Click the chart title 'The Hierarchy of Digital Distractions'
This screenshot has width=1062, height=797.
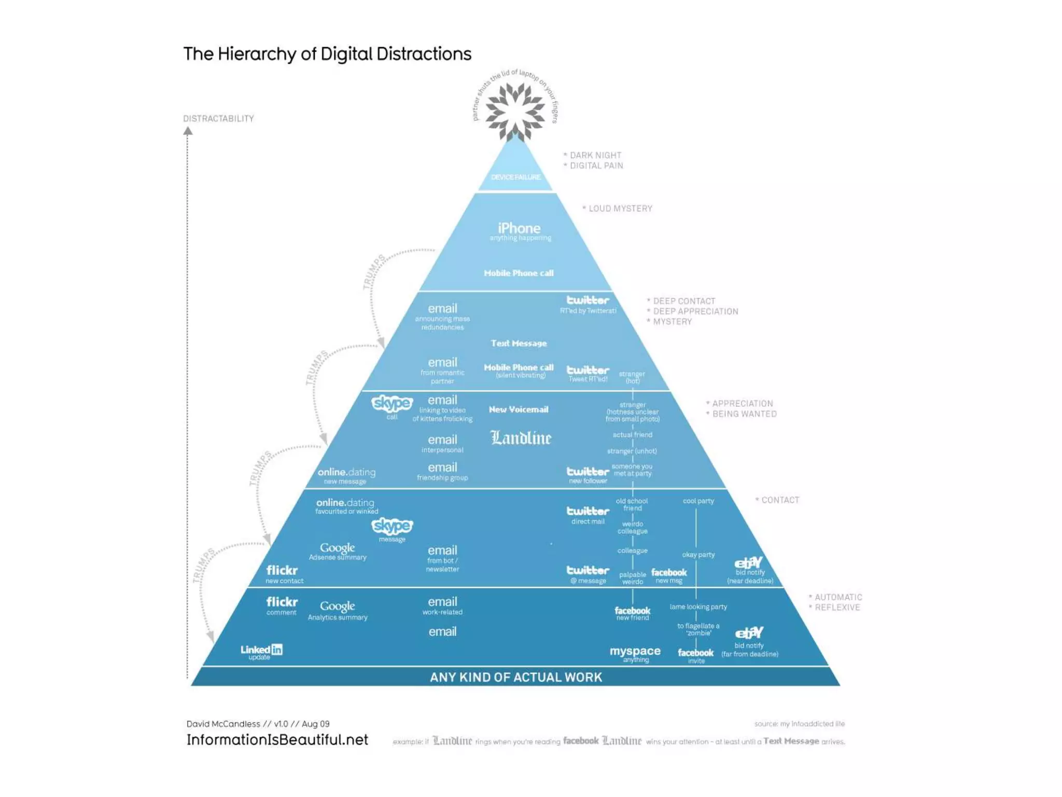pos(327,54)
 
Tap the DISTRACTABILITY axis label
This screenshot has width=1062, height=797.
pos(218,119)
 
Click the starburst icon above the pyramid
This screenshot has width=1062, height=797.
pos(515,111)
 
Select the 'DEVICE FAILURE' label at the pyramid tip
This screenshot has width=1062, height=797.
pos(515,177)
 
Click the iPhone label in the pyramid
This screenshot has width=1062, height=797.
pos(519,228)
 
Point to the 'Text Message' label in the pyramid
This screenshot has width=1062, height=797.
pos(519,343)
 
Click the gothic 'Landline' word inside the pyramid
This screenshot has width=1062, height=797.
pos(521,438)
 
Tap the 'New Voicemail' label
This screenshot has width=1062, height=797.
pos(519,409)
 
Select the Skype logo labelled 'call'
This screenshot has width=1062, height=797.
pos(392,403)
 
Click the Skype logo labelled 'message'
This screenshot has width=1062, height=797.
pos(392,526)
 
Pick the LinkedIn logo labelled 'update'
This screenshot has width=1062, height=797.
pos(261,650)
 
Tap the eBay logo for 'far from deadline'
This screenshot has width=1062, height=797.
pos(749,633)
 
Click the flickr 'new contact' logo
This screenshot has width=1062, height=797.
pos(282,570)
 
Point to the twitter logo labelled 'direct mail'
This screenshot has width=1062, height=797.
pos(588,511)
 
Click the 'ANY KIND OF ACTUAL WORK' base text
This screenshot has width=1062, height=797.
pos(516,677)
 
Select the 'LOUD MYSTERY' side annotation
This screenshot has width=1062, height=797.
pos(620,209)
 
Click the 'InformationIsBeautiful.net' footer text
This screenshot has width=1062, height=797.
pos(277,740)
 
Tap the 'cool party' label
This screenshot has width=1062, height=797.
pos(698,501)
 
